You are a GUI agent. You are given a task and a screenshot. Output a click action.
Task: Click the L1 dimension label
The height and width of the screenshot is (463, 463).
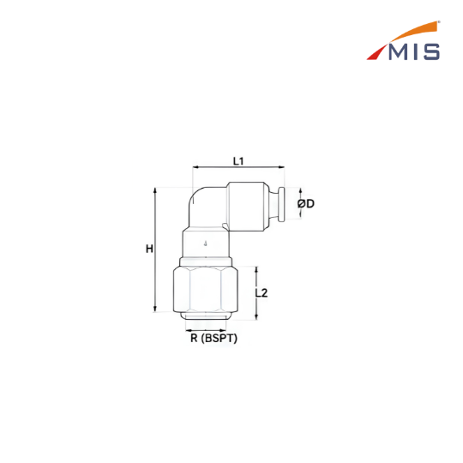(238, 161)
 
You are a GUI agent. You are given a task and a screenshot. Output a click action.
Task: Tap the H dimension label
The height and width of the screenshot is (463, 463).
(149, 249)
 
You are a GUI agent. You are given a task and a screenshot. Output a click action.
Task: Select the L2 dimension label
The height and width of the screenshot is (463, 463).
(262, 293)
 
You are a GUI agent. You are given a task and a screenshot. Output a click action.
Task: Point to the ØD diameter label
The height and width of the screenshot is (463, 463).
(306, 203)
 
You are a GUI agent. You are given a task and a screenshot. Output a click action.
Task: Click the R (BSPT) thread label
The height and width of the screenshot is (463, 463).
(213, 338)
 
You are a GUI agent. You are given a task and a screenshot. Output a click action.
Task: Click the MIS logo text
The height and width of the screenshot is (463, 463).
(414, 52)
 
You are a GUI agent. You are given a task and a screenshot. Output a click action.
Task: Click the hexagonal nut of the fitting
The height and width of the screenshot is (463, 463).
(206, 289)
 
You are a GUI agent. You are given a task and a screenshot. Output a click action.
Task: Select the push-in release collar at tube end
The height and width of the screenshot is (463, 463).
(281, 204)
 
